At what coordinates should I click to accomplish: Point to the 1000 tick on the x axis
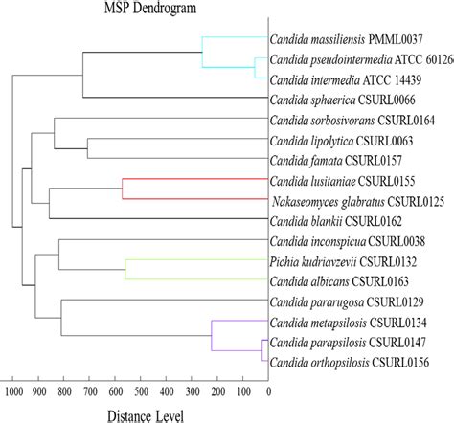pyautogui.click(x=15, y=390)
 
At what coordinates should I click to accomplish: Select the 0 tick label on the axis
pyautogui.click(x=268, y=390)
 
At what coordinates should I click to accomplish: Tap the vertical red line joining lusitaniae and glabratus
pyautogui.click(x=122, y=189)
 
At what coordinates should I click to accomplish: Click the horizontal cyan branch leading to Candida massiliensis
pyautogui.click(x=235, y=38)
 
